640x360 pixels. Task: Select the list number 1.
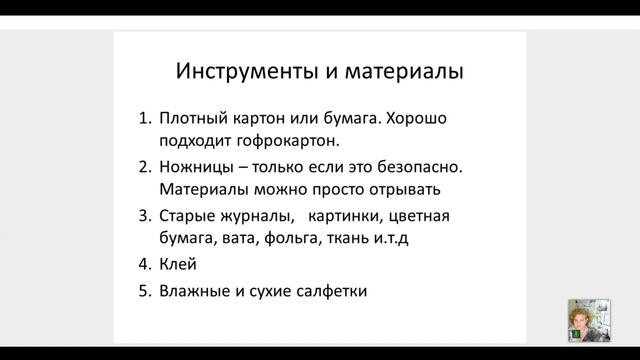click(144, 119)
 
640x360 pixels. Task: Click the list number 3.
click(144, 216)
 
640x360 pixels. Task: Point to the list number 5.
click(144, 292)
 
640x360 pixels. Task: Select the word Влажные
click(196, 292)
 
